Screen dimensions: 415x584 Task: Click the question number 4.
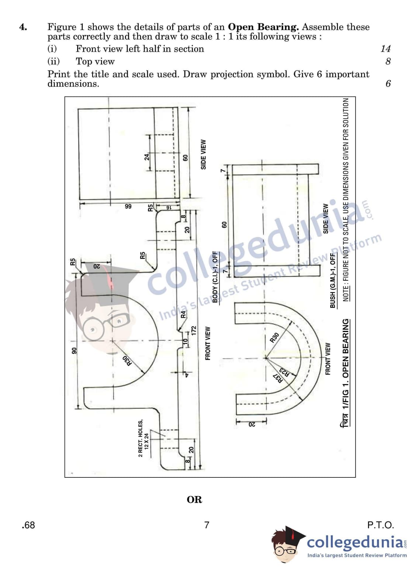[23, 27]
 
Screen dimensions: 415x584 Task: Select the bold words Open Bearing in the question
[263, 27]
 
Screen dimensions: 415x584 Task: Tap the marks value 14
[385, 49]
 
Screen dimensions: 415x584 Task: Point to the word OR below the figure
[194, 500]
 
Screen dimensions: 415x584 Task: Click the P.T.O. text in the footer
[381, 525]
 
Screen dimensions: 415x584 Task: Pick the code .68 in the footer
[28, 525]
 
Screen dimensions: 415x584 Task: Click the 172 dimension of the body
[193, 331]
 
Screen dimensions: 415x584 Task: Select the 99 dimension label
[128, 206]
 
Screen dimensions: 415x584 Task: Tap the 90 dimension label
[74, 350]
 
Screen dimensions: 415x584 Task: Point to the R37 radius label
[278, 378]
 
